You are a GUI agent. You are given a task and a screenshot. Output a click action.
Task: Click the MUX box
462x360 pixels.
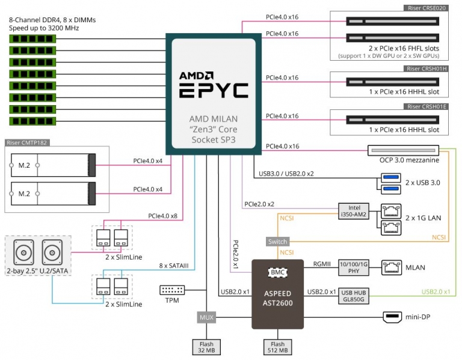(206, 317)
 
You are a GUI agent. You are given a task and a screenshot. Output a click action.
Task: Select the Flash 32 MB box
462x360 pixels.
(206, 347)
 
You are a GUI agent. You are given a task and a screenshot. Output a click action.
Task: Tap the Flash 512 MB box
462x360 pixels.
(277, 347)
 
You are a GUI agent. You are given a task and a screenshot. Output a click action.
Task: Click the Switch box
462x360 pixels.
(277, 242)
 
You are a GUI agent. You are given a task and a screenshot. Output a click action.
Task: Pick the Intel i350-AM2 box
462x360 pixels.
(354, 211)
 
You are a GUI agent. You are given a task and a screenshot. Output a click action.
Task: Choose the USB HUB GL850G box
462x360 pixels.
(354, 296)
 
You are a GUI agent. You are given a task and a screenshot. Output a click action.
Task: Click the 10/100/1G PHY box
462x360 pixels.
(354, 267)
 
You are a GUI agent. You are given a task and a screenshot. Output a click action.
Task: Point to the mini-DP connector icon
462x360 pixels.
(392, 317)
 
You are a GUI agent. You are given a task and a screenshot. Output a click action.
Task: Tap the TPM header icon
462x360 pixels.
(172, 290)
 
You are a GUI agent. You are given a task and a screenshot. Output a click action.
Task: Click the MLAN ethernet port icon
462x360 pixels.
(392, 267)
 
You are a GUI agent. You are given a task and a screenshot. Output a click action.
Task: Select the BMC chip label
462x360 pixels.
(277, 272)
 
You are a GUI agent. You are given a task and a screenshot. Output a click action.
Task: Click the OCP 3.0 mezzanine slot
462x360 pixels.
(404, 150)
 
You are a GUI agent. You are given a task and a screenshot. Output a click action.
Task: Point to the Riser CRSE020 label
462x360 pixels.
(427, 8)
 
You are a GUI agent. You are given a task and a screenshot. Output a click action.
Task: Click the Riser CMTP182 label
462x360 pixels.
(27, 143)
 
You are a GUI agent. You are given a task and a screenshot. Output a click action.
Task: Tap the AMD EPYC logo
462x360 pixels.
(214, 84)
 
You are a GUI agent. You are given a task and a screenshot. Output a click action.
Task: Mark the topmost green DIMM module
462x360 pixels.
(32, 38)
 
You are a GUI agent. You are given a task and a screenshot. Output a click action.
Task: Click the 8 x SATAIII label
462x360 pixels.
(173, 266)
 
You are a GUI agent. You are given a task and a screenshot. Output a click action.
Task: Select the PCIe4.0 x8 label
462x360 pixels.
(162, 216)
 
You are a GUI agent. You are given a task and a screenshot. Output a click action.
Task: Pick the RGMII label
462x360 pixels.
(322, 264)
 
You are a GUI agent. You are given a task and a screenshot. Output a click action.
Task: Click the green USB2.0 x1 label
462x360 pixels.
(436, 291)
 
